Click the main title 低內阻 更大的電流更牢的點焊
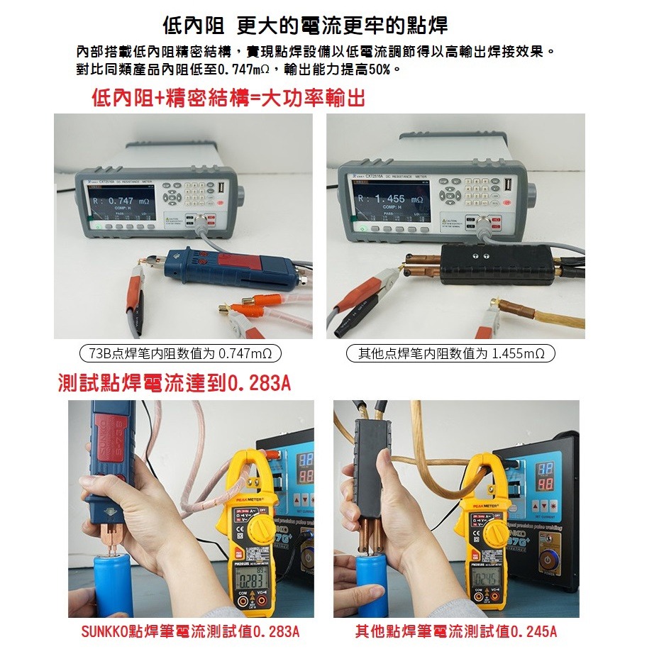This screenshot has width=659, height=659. pos(305,27)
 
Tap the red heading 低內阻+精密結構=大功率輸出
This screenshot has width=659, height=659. pos(228,99)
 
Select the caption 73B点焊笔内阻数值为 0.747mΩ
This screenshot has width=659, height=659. pos(179,353)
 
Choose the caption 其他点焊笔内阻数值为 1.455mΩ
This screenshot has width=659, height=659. pos(451,353)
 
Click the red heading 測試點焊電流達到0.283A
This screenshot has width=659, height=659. pos(174,384)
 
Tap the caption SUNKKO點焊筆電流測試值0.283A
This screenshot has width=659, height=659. pos(189,631)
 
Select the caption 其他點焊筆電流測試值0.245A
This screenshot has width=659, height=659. pos(456,631)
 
